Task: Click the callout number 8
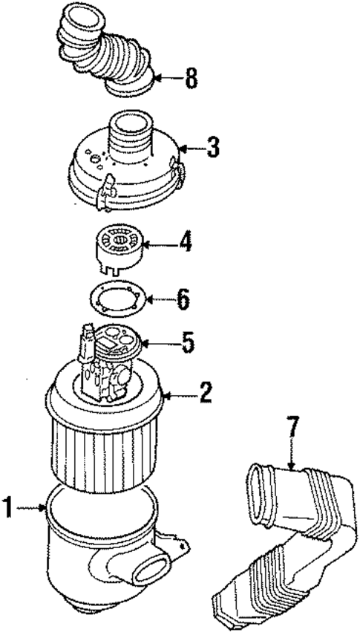(192, 79)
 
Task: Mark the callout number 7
(292, 428)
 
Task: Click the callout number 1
(10, 509)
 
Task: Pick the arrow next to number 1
(33, 509)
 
